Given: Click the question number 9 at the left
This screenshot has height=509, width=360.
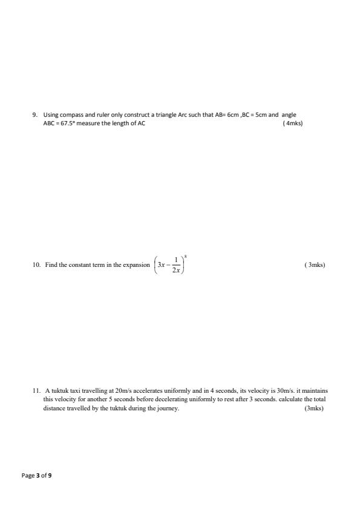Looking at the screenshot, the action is click(34, 114).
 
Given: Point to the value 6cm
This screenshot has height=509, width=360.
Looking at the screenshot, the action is click(234, 114).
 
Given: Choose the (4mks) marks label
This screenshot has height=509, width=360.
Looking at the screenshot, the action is click(293, 123).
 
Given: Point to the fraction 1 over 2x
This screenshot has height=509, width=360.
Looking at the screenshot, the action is click(176, 265).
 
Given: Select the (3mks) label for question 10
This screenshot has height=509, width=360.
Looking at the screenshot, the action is click(315, 264).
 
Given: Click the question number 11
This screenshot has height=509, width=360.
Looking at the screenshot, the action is click(36, 390).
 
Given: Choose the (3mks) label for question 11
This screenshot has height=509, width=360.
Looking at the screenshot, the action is click(314, 409).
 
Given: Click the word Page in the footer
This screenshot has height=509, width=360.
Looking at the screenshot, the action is click(28, 476).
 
